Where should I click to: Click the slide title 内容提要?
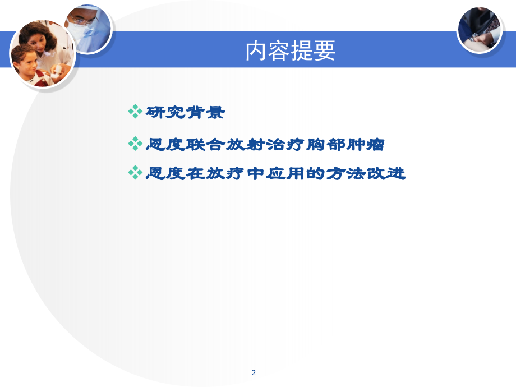(x=290, y=51)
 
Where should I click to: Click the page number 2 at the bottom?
(x=254, y=372)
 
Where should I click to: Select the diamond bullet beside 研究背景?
(x=135, y=112)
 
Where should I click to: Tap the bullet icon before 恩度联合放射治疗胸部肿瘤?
(x=135, y=144)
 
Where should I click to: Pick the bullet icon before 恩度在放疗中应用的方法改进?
(x=135, y=172)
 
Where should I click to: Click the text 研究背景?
(x=185, y=112)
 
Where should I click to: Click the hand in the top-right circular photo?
(x=477, y=36)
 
